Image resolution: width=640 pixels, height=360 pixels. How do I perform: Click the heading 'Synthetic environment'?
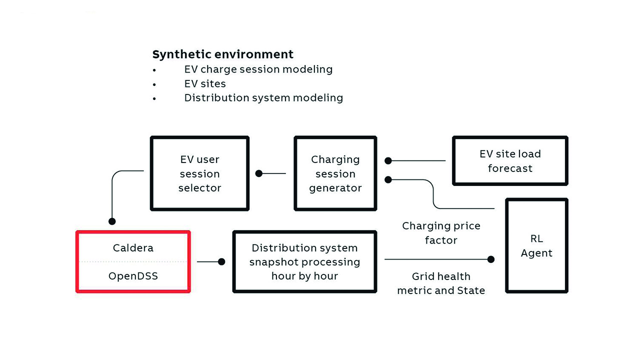pos(223,54)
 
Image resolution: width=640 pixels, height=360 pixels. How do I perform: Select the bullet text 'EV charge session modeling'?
pos(258,69)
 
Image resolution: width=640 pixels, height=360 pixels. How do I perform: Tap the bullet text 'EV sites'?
pos(205,83)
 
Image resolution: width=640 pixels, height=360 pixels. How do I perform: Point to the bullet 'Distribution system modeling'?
pos(263,97)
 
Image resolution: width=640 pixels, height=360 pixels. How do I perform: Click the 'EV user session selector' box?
pos(199,173)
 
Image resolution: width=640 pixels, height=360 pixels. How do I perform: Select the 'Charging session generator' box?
pos(335,173)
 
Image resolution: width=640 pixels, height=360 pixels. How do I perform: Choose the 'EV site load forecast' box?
pos(510,161)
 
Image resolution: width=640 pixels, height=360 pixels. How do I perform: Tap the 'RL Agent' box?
pos(536,246)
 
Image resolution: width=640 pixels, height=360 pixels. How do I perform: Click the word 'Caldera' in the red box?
pos(133,248)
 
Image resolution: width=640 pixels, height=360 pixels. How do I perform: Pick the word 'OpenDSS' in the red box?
pos(133,276)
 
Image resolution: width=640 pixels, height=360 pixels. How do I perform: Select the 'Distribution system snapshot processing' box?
pos(304,262)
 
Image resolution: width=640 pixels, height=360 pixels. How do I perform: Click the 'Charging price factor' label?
pos(441,233)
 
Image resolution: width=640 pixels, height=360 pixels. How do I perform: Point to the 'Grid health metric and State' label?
pos(441,283)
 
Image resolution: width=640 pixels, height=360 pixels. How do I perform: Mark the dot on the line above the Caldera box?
pos(112,221)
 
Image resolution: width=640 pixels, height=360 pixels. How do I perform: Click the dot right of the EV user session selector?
pos(259,173)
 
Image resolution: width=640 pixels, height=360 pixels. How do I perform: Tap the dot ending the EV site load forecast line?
pos(388,161)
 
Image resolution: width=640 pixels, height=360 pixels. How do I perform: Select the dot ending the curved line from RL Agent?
pos(388,179)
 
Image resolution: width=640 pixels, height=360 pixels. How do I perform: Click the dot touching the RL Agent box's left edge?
pos(491,259)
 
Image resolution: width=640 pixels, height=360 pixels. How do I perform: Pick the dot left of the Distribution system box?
pos(221,261)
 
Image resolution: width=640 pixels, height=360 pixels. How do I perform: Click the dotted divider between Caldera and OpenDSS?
pos(133,261)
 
